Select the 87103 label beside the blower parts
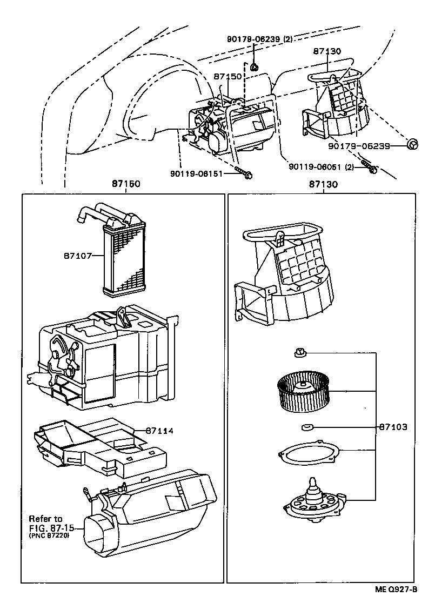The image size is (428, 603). [x=393, y=427]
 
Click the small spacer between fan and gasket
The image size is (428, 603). [x=306, y=427]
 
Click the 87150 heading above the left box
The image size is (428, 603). [x=125, y=184]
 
